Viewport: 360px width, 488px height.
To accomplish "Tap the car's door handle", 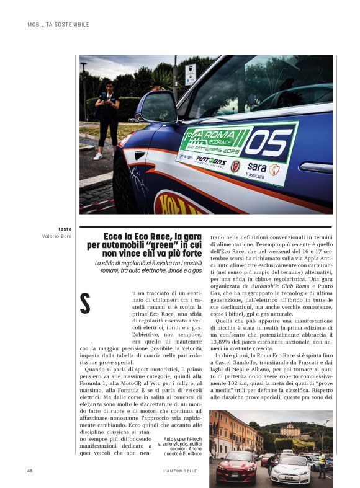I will (315, 168).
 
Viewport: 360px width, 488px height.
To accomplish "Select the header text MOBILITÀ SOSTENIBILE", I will (58, 25).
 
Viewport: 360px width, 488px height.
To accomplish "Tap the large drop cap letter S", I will (86, 303).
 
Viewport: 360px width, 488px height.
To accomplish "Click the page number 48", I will (30, 471).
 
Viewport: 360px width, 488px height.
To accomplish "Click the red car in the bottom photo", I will (236, 465).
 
